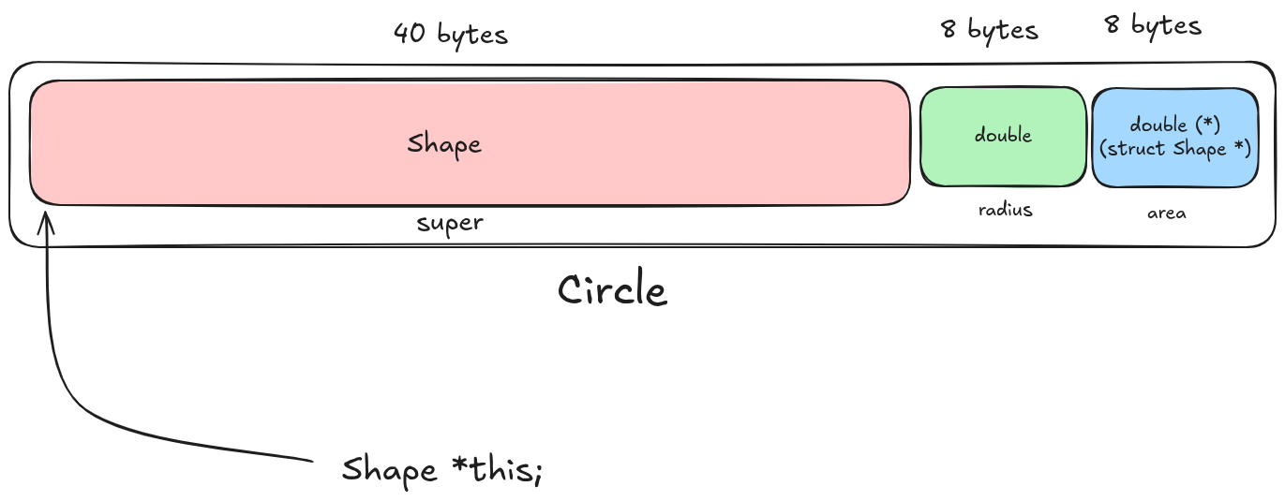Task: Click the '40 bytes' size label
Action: click(x=450, y=35)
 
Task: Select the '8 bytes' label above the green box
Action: click(x=990, y=30)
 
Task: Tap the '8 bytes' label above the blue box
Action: click(x=1153, y=25)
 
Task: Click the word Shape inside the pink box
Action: click(x=444, y=144)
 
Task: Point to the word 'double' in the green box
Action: click(x=1003, y=135)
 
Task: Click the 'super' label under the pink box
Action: click(x=450, y=223)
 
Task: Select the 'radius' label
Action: click(x=1005, y=210)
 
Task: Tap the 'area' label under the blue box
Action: click(x=1166, y=214)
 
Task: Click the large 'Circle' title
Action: click(x=612, y=290)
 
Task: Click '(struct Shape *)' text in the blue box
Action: click(x=1175, y=149)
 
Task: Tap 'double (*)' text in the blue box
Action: click(x=1173, y=125)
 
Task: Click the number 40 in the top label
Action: click(x=409, y=35)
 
